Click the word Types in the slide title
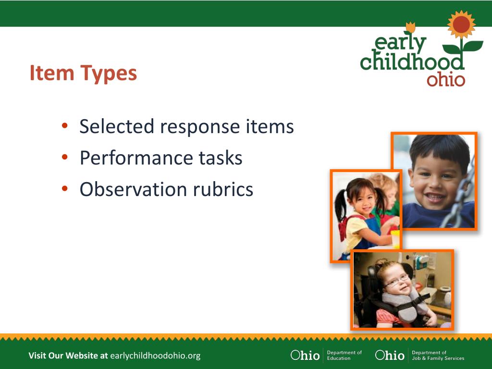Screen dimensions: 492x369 (x=109, y=74)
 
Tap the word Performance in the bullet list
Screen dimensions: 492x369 (x=136, y=158)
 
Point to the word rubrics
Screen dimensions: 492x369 (x=223, y=189)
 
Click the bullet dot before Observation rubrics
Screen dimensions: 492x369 (x=65, y=188)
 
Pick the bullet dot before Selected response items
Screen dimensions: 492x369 (x=65, y=126)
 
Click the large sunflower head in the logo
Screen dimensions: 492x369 (x=461, y=24)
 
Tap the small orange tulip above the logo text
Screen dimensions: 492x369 (x=410, y=27)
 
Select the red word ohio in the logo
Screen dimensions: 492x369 (x=445, y=80)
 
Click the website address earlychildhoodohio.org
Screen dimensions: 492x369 (x=155, y=356)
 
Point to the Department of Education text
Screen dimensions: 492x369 (x=344, y=355)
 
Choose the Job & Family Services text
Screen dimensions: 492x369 (x=438, y=358)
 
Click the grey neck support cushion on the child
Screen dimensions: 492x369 (x=405, y=304)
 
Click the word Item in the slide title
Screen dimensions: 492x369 (x=52, y=73)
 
